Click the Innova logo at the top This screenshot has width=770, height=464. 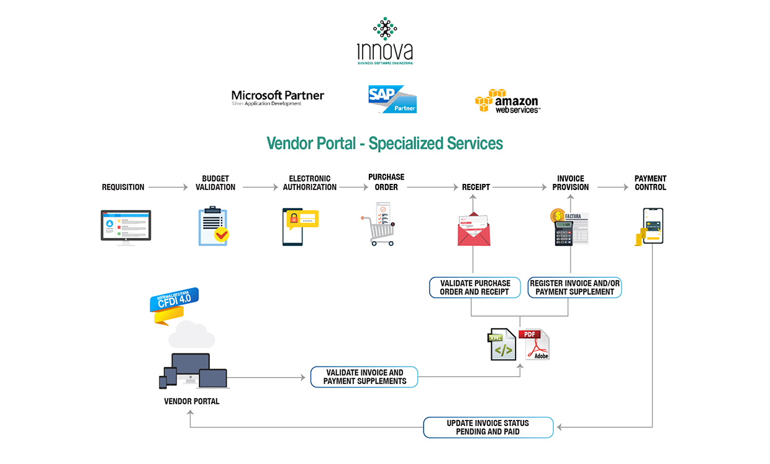tap(385, 41)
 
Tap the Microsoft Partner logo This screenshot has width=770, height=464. tap(278, 98)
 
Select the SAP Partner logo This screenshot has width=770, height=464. tap(392, 99)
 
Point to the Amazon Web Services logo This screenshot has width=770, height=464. tap(507, 101)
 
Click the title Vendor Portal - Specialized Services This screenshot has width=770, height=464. tap(384, 143)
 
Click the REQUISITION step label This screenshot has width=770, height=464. tap(123, 187)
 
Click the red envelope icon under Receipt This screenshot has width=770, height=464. tap(474, 229)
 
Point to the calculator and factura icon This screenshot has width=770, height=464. tap(570, 227)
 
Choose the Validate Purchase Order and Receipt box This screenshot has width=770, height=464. tap(475, 288)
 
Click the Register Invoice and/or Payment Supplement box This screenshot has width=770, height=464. tap(575, 288)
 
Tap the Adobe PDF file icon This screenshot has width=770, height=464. tap(535, 345)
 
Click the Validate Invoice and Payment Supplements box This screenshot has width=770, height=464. tap(365, 377)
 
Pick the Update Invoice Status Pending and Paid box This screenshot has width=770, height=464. tap(488, 427)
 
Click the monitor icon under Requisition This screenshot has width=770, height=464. tap(126, 227)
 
